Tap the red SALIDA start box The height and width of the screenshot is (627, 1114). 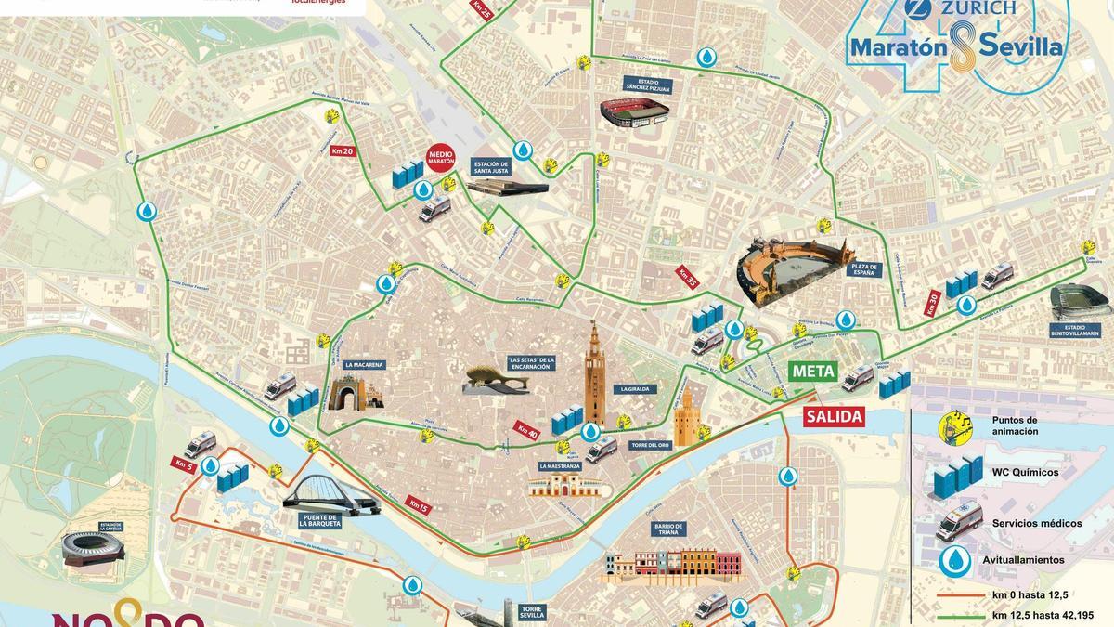pyautogui.click(x=834, y=416)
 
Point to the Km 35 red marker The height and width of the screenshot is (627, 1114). pyautogui.click(x=687, y=277)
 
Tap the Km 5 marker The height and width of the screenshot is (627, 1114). pyautogui.click(x=182, y=464)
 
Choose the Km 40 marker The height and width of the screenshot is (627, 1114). pyautogui.click(x=526, y=430)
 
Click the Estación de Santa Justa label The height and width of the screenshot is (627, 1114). pyautogui.click(x=492, y=166)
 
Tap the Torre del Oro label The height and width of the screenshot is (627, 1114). pyautogui.click(x=650, y=446)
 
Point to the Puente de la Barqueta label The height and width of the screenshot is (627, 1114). pyautogui.click(x=322, y=521)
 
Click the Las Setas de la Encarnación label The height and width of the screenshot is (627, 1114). pyautogui.click(x=530, y=363)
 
